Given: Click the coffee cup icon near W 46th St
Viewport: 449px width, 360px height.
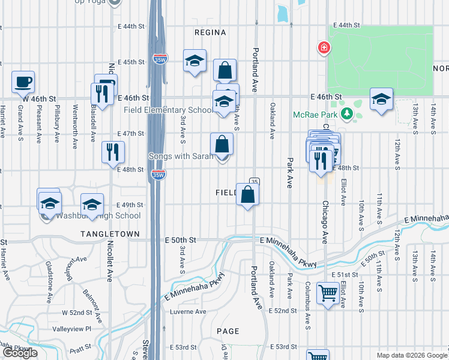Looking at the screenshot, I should point(23,83).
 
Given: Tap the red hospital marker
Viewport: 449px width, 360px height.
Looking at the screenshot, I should point(324,47).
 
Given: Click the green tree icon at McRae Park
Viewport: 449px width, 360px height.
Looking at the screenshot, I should point(346,113).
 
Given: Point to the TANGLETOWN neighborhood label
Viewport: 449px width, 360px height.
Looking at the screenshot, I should point(111,234).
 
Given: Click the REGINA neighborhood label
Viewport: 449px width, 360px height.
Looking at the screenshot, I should point(210,32).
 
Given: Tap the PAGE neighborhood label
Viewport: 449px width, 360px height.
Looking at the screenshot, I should point(228,331).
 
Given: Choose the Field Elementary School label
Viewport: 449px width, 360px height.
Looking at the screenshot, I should point(168,110).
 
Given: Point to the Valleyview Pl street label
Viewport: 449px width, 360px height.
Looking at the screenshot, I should point(71,329).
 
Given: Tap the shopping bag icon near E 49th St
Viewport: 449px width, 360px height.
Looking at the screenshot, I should point(247,194).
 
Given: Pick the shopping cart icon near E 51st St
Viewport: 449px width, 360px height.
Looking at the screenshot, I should point(328,294).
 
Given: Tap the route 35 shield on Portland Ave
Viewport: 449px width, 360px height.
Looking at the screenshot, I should point(255,182).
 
